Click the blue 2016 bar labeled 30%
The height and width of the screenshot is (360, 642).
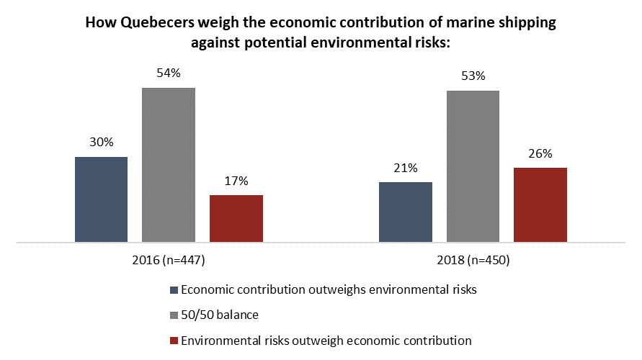[101, 199]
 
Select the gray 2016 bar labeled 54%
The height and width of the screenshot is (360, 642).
[169, 165]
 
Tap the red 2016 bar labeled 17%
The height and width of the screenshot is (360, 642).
[236, 218]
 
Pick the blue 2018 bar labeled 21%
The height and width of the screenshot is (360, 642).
[405, 212]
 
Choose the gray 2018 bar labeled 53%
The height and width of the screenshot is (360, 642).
[473, 166]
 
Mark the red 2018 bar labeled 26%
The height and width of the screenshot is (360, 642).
[540, 204]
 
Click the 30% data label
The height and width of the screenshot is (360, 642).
[102, 143]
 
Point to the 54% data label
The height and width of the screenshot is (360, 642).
[169, 73]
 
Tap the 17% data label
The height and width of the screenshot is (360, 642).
[236, 181]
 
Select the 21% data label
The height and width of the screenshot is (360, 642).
[406, 168]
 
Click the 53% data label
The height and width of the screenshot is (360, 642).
[473, 76]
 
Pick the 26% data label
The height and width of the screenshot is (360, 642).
[540, 153]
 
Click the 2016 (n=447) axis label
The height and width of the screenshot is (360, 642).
[169, 260]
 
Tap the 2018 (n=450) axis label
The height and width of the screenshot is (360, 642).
[473, 260]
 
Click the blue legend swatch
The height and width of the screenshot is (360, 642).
[173, 290]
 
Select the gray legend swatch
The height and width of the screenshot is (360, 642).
[173, 315]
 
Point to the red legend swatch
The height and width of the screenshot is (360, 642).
[173, 340]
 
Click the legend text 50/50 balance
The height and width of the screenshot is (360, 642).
[220, 315]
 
